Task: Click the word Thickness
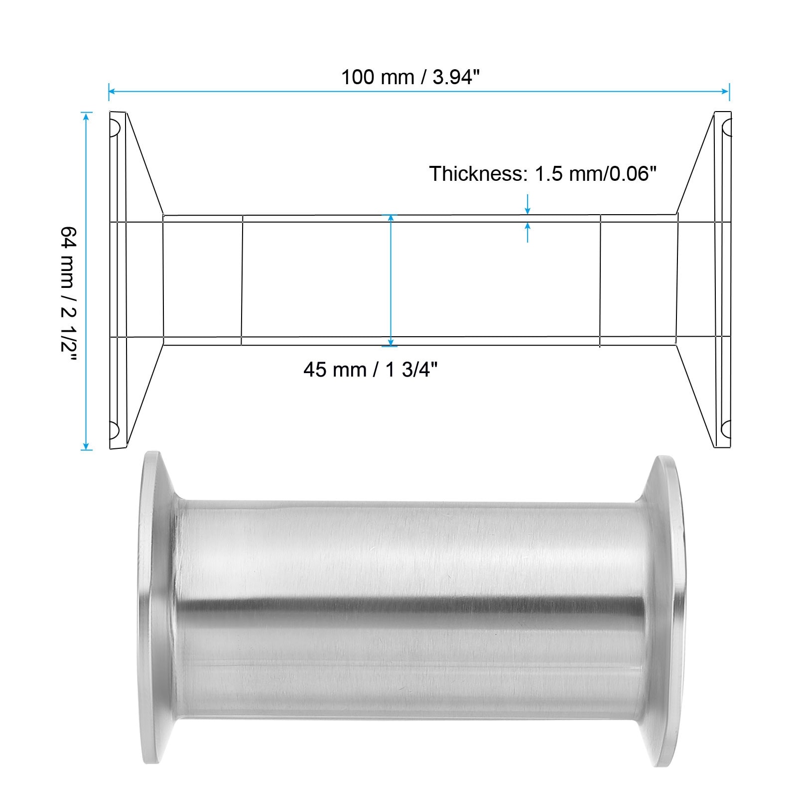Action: (x=476, y=174)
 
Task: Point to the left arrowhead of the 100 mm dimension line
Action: (x=112, y=91)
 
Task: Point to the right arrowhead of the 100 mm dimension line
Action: (x=726, y=91)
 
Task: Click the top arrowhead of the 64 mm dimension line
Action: (x=87, y=116)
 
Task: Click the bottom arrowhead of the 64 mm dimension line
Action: (x=87, y=446)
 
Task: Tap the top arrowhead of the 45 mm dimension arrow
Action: (x=391, y=218)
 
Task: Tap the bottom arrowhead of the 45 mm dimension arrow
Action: (x=391, y=342)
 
